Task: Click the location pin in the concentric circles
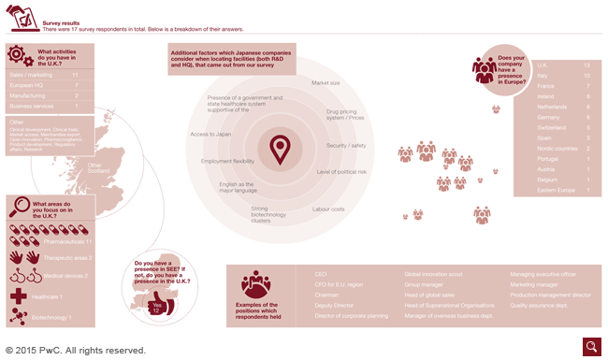click(280, 148)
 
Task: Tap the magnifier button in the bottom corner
click(591, 347)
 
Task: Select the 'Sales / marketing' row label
click(30, 73)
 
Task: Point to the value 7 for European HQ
click(75, 84)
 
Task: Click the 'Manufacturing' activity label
click(28, 95)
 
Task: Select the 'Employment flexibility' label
click(227, 161)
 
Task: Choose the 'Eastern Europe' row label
click(553, 191)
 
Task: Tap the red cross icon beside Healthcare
click(18, 295)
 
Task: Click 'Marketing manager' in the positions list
click(534, 284)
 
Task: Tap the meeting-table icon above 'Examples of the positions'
click(255, 282)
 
